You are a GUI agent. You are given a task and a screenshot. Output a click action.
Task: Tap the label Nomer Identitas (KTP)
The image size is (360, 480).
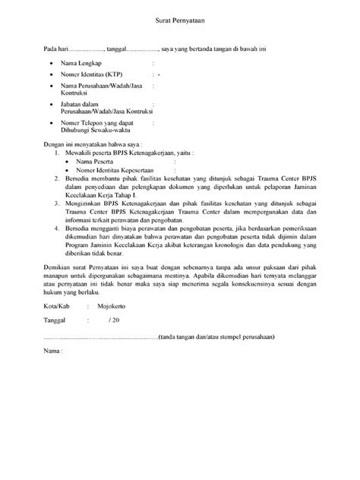pos(94,76)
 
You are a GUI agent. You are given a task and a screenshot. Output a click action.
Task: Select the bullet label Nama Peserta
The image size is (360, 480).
pos(96,161)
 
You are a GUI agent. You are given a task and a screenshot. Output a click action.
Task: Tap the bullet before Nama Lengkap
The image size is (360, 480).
pos(50,64)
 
